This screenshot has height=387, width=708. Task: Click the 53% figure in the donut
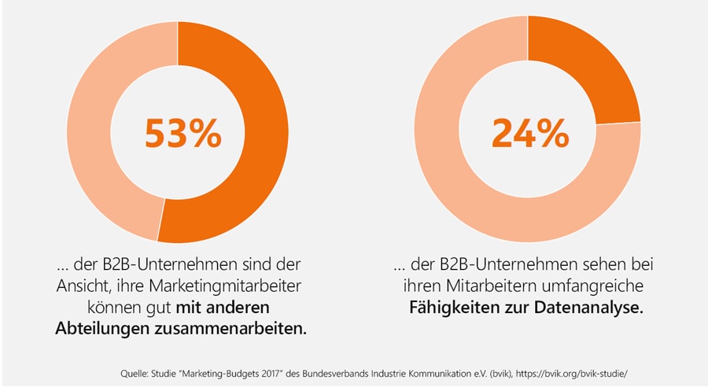(183, 134)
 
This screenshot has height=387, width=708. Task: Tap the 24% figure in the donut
(529, 134)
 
